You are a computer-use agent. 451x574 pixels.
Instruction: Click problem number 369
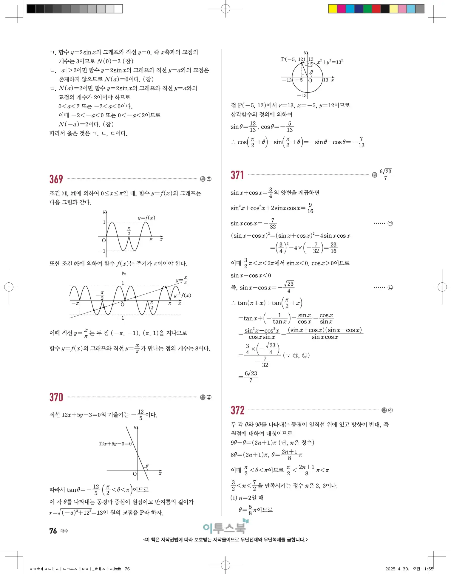coord(56,179)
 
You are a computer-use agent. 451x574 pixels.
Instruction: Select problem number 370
coord(56,397)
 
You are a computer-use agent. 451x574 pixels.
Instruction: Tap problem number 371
coord(237,175)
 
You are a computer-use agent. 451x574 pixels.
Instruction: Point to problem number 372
coord(237,410)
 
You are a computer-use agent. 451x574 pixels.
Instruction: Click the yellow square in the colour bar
coord(332,9)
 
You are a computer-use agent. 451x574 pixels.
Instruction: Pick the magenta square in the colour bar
coord(341,9)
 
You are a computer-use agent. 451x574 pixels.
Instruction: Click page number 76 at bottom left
coord(53,531)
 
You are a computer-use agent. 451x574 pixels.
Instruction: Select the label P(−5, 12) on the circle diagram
coord(293,59)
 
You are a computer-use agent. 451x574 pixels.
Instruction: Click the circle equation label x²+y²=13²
coord(330,62)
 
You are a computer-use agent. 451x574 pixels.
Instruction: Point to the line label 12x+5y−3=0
coord(115,444)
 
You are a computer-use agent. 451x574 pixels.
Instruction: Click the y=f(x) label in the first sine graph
coord(146,218)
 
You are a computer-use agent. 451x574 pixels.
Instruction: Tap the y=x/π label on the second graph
coord(181,280)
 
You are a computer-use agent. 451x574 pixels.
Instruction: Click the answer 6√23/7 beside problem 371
coord(385,175)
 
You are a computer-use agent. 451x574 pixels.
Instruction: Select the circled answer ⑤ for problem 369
coord(209,179)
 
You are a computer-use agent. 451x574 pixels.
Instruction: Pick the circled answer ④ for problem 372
coord(390,410)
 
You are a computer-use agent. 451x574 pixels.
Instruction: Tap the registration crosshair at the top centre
coord(225,9)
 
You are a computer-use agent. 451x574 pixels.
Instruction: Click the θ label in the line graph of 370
coord(147,466)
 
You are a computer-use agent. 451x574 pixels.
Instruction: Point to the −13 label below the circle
coord(302,95)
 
